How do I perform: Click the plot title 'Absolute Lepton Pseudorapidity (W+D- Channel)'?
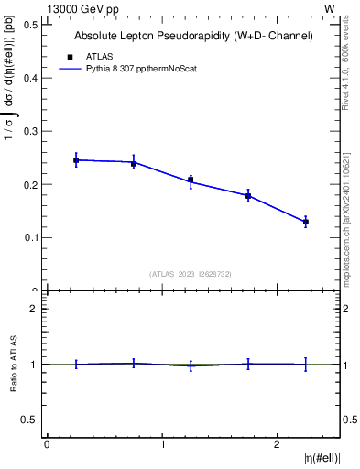point(193,36)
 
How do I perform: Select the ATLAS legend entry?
point(99,56)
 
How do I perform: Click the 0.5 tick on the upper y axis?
point(28,24)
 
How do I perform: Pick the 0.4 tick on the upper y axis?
point(28,78)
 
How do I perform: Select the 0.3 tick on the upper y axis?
point(28,131)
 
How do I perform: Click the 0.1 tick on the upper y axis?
point(28,238)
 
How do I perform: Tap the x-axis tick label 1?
point(163,444)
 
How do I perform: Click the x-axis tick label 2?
point(278,444)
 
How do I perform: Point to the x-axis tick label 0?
point(47,444)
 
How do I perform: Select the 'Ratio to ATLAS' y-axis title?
point(14,365)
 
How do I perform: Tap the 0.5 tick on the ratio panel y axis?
point(28,420)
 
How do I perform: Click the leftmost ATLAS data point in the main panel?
point(76,160)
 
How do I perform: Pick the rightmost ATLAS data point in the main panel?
point(306,222)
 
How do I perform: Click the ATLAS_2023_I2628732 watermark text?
point(190,273)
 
